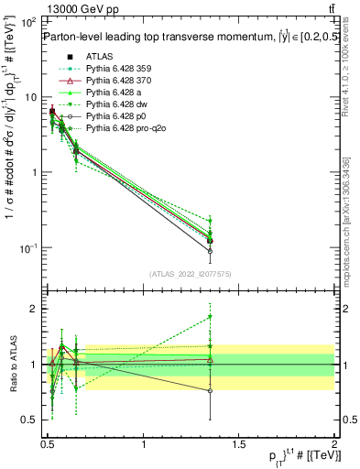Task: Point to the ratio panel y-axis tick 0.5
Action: [x=32, y=420]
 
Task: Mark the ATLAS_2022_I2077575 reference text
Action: [x=191, y=274]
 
